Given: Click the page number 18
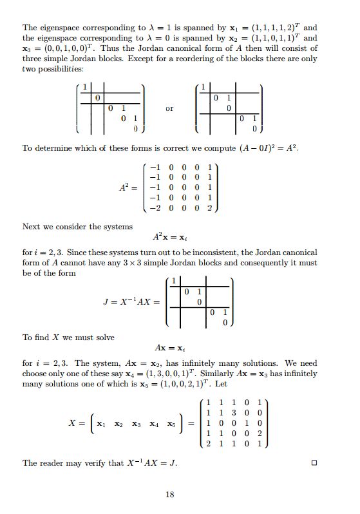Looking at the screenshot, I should pyautogui.click(x=170, y=494).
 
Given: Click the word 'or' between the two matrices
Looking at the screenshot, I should pyautogui.click(x=169, y=109).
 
